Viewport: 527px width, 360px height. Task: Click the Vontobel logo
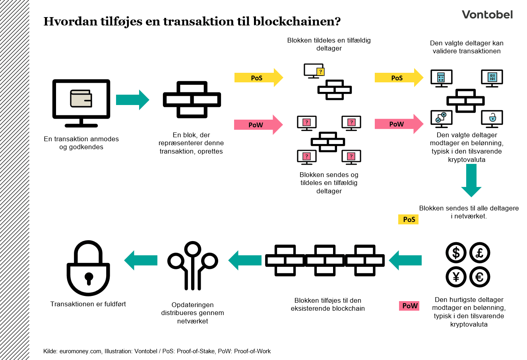pos(487,15)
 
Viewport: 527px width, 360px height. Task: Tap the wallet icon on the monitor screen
pos(81,98)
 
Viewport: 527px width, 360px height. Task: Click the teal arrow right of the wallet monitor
pos(132,100)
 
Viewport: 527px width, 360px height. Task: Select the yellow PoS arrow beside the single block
pos(258,78)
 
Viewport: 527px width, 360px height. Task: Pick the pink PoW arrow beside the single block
pos(258,125)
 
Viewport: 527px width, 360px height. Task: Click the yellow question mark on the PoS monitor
pos(320,72)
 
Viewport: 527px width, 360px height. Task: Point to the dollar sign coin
pos(456,253)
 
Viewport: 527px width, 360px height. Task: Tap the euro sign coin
pos(480,277)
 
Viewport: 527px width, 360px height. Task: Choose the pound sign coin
pos(480,253)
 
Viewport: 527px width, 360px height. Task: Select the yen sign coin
pos(456,277)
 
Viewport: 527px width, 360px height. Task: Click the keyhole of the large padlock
pos(88,277)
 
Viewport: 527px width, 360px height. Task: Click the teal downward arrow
pos(471,180)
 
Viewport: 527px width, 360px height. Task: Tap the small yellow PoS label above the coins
pos(409,220)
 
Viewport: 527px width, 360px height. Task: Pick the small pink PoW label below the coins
pos(409,306)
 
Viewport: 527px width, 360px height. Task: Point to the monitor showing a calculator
pos(441,77)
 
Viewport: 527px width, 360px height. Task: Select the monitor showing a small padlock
pos(492,118)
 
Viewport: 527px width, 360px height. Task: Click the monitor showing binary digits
pos(492,77)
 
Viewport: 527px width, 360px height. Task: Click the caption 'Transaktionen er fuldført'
pos(88,304)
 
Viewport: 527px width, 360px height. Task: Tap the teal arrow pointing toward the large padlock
pos(141,261)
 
